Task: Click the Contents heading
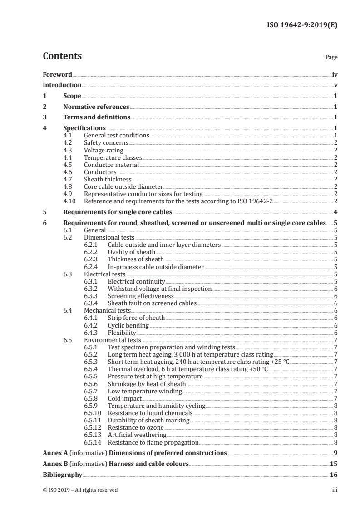tap(62, 56)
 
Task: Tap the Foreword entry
tap(57, 74)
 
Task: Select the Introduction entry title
tap(62, 85)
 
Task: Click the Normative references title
tap(96, 107)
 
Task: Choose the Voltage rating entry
tap(104, 150)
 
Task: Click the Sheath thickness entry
tap(108, 179)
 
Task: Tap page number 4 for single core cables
tap(335, 212)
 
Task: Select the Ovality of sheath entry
tap(131, 252)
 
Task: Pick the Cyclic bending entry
tap(128, 325)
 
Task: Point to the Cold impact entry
tap(124, 398)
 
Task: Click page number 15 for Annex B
tap(333, 464)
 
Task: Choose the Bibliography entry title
tap(62, 475)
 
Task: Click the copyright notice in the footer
tap(80, 490)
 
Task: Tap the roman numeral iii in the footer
tap(335, 490)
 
